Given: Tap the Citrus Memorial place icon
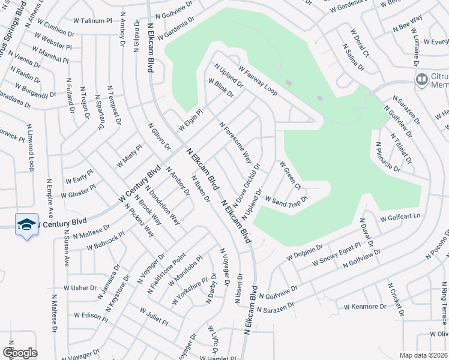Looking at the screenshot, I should click(422, 79).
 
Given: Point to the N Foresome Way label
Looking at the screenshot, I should click(235, 143).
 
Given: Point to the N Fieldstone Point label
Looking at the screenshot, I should click(166, 273).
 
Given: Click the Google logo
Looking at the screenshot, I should click(20, 352).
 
